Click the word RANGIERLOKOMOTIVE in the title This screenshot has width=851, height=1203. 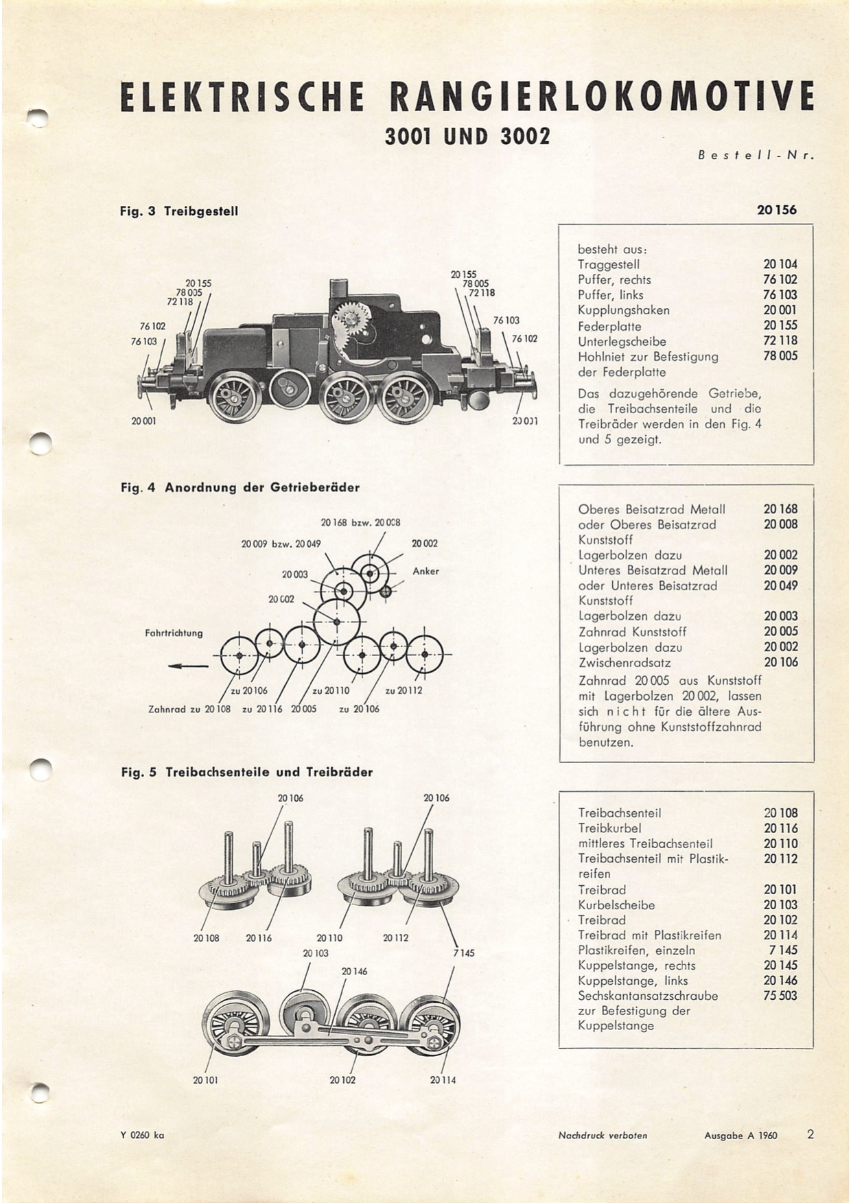[x=601, y=97]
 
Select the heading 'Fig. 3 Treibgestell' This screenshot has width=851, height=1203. [x=179, y=211]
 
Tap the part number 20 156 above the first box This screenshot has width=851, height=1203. [x=777, y=210]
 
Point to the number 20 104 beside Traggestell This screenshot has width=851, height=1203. [x=780, y=264]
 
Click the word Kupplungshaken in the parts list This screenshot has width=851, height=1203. [x=624, y=310]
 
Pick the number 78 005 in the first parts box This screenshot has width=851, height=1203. [x=780, y=355]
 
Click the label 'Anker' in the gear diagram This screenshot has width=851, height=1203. [x=425, y=571]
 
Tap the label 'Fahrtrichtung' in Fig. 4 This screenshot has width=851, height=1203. [x=174, y=633]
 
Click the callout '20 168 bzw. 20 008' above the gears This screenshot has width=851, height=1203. [x=360, y=522]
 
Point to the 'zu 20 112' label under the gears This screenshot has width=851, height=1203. [x=404, y=690]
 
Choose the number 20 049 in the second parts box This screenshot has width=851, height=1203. [x=780, y=585]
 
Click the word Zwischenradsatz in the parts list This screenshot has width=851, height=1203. [x=625, y=663]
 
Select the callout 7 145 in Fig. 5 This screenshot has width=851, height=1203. [x=464, y=953]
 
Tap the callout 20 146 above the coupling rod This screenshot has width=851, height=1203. [x=354, y=971]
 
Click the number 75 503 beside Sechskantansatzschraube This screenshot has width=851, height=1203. [x=780, y=996]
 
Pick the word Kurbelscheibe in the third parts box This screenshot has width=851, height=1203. [x=616, y=905]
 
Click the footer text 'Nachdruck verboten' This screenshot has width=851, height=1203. [x=603, y=1136]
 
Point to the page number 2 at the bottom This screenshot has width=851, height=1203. [x=811, y=1134]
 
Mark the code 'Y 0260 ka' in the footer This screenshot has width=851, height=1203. [x=142, y=1136]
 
